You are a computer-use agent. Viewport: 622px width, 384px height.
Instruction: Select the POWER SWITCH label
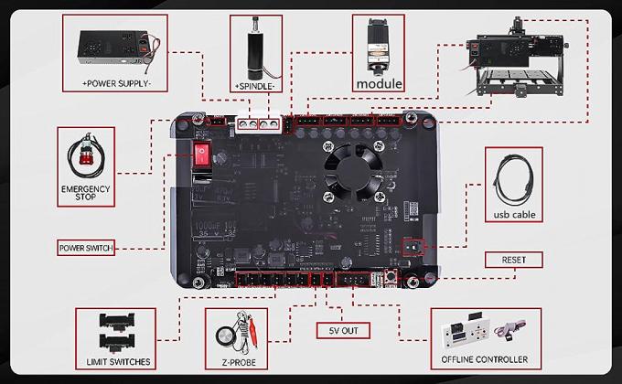85,248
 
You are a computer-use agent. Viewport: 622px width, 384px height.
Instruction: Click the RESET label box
513,260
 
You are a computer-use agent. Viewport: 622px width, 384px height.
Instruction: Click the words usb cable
513,216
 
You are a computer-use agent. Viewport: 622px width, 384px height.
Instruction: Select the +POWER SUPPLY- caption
117,82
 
